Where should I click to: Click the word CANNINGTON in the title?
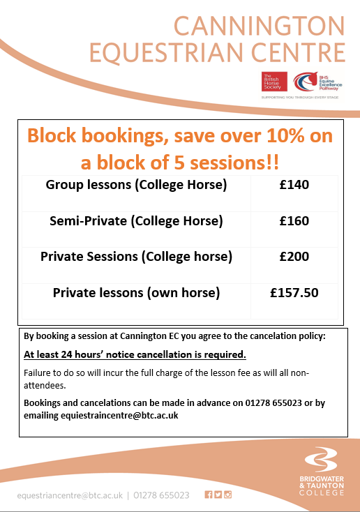[x=260, y=26]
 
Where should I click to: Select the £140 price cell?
[x=294, y=185]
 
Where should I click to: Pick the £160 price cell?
[x=294, y=221]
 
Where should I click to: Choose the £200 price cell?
[x=294, y=257]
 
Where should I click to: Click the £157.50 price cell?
[x=294, y=293]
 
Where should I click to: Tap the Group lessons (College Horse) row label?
[x=137, y=185]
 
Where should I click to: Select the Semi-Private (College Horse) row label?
[x=136, y=221]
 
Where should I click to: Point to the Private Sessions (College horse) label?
[x=136, y=257]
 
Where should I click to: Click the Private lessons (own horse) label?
[x=136, y=293]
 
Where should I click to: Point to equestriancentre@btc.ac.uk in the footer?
[x=70, y=495]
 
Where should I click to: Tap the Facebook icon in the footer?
[x=208, y=495]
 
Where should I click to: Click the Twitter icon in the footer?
[x=218, y=495]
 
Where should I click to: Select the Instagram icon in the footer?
[x=227, y=495]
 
